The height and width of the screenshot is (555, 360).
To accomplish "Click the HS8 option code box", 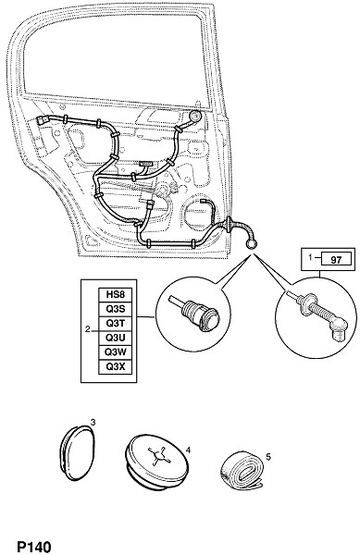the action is [x=116, y=294].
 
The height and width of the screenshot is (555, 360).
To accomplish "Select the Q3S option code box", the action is [x=116, y=309].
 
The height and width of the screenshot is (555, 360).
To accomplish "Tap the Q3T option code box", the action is [x=116, y=323].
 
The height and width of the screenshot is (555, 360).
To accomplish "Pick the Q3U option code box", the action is [x=116, y=338].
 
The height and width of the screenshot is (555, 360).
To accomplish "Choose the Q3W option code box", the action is [x=116, y=352].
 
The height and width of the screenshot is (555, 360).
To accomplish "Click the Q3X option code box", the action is [x=116, y=366].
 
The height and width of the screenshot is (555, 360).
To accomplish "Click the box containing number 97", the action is [x=336, y=260].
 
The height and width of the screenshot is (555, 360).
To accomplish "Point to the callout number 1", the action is [x=310, y=258].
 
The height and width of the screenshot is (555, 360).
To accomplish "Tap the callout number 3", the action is [x=93, y=423].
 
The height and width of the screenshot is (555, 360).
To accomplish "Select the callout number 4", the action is [x=188, y=450].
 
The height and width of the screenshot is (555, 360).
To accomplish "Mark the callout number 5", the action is [x=268, y=457].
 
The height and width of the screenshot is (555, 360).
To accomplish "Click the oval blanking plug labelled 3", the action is [x=77, y=453].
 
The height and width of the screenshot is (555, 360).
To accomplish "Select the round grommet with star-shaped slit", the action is [x=157, y=461].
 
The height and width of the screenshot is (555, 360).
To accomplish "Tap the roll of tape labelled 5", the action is [x=242, y=471].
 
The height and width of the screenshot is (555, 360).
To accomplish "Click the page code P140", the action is [x=34, y=548].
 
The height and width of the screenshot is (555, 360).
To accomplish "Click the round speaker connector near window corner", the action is [x=194, y=117].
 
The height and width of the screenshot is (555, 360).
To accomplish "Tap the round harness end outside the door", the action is [x=252, y=244].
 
